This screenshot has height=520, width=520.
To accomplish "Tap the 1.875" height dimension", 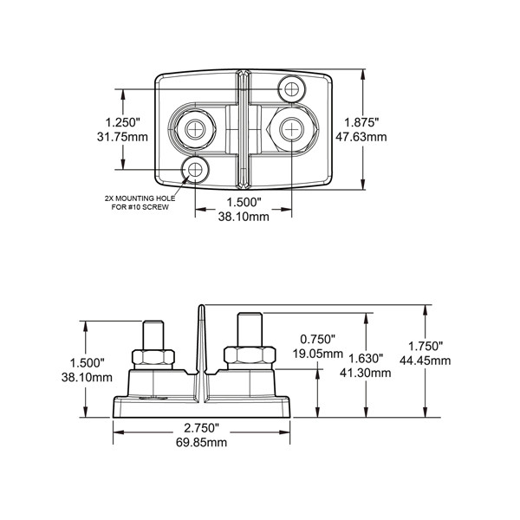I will tap(363, 122).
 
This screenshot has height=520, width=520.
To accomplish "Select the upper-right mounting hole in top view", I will tap(289, 87).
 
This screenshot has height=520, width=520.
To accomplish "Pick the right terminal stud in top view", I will tap(290, 129).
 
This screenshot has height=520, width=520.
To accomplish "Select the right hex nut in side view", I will tap(249, 354).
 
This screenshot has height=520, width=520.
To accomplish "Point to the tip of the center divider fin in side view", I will tap(201, 307).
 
